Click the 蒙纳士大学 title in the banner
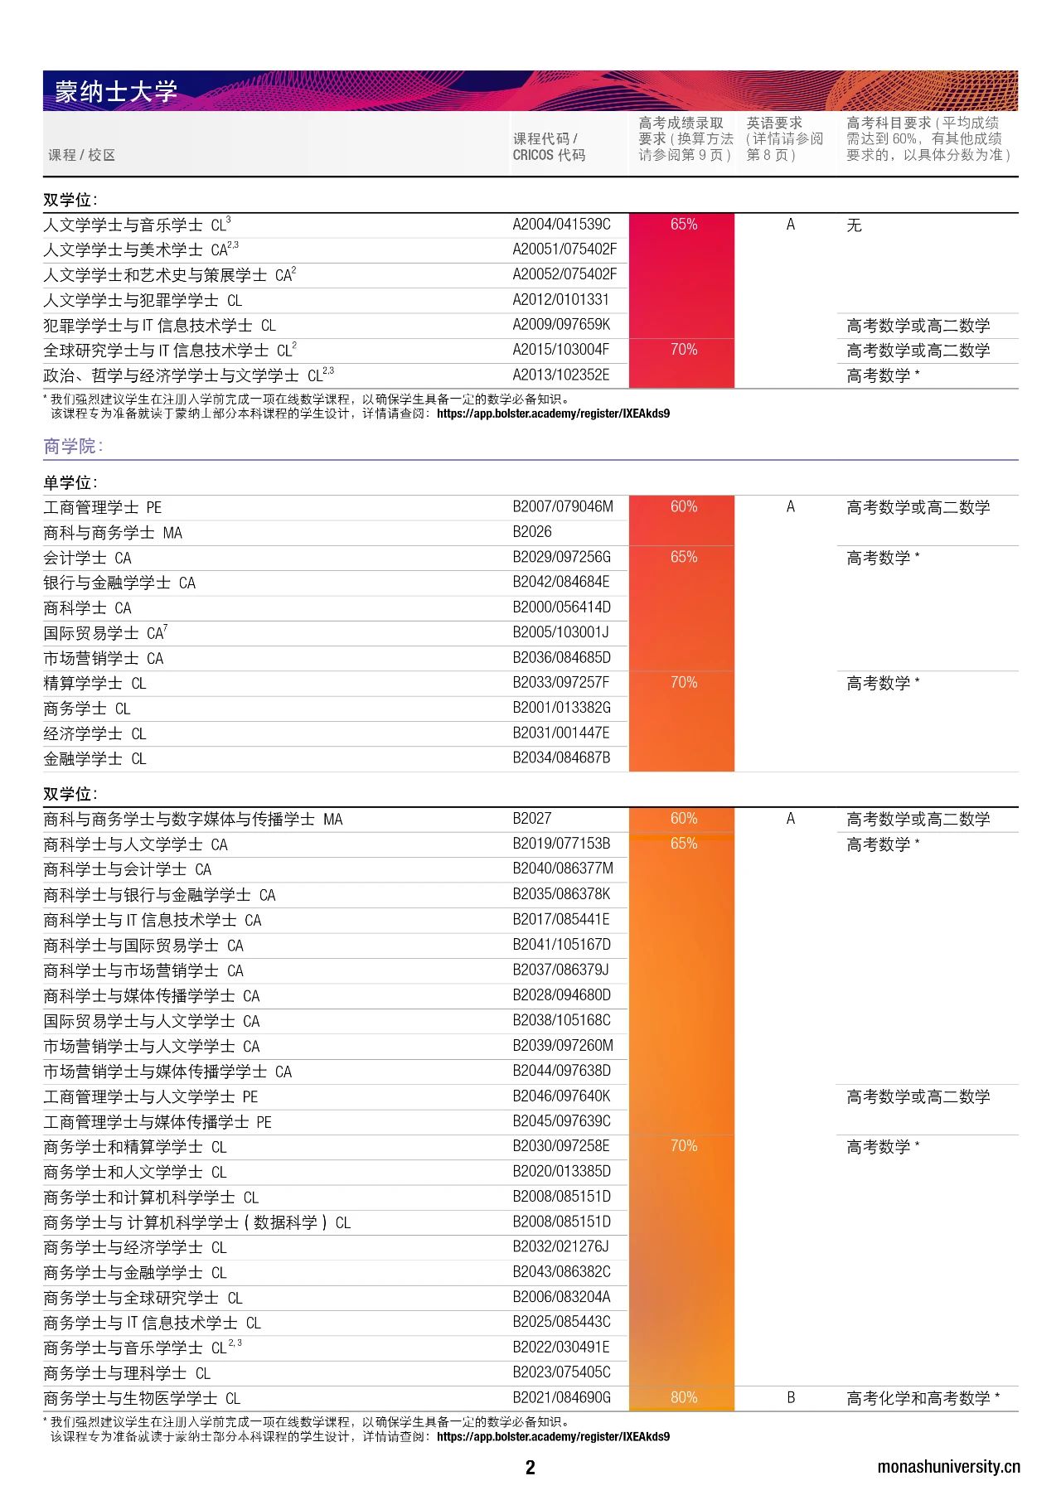pyautogui.click(x=116, y=91)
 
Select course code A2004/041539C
pyautogui.click(x=561, y=225)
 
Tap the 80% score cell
pyautogui.click(x=683, y=1397)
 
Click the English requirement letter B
pyautogui.click(x=791, y=1397)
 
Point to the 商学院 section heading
pyautogui.click(x=73, y=446)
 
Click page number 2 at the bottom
pyautogui.click(x=530, y=1468)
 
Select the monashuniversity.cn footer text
pyautogui.click(x=948, y=1467)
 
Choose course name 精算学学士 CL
pyautogui.click(x=94, y=684)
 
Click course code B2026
pyautogui.click(x=532, y=532)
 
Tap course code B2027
pyautogui.click(x=532, y=819)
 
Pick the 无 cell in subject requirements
pyautogui.click(x=854, y=225)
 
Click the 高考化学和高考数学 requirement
pyautogui.click(x=923, y=1398)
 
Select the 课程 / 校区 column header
pyautogui.click(x=81, y=155)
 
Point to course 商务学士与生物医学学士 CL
pyautogui.click(x=142, y=1398)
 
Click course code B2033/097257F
pyautogui.click(x=561, y=683)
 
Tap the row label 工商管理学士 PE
pyautogui.click(x=103, y=507)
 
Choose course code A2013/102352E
pyautogui.click(x=561, y=375)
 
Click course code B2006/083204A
pyautogui.click(x=561, y=1297)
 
